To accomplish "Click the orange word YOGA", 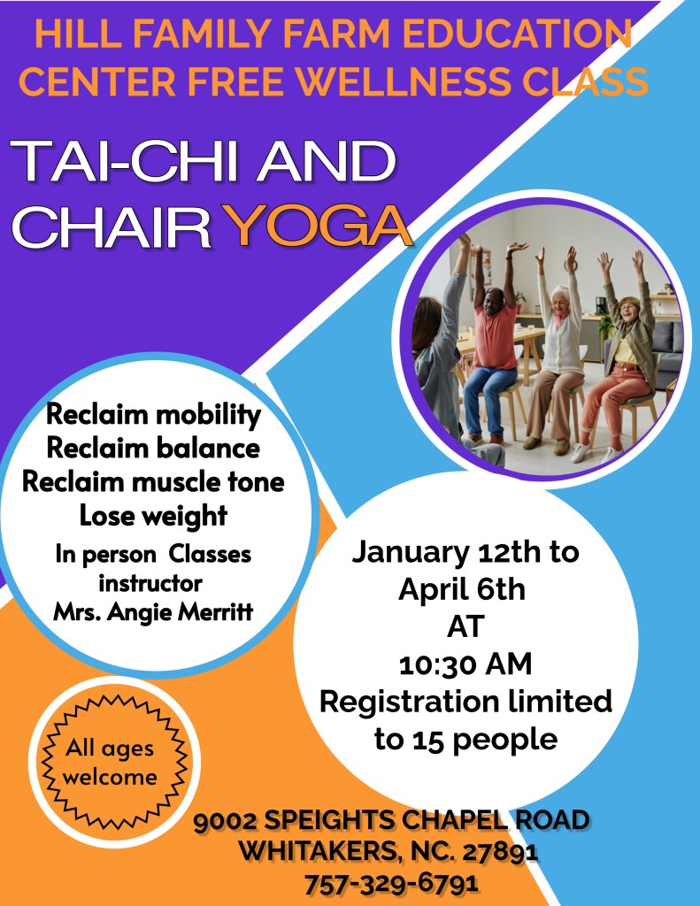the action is [318, 225].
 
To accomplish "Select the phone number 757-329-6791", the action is [391, 882].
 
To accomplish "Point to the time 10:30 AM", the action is [465, 664].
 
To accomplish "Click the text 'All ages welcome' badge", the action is [109, 762].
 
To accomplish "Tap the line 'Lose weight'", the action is [153, 516].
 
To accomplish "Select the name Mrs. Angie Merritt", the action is [153, 611].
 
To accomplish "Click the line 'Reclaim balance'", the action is [153, 449].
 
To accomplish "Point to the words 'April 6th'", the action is [462, 589].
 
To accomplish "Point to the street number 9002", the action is [227, 821].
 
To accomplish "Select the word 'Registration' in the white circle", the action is [409, 702].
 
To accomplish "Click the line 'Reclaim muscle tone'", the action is [153, 482].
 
